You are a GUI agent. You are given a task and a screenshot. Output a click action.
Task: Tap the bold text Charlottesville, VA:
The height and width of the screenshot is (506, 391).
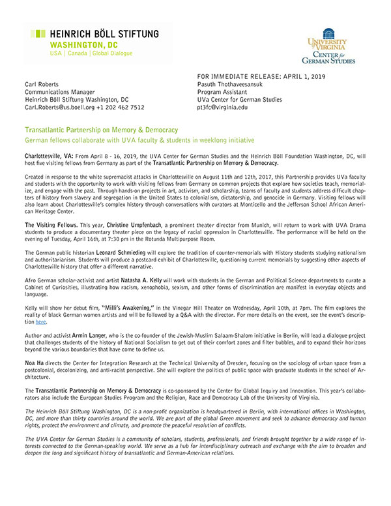(x=50, y=158)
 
